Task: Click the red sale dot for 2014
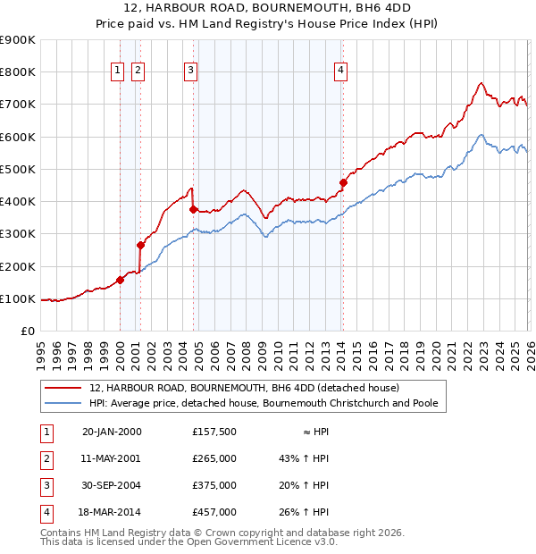(343, 183)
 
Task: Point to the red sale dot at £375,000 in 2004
(194, 209)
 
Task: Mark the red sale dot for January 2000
(120, 280)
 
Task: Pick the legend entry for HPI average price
(264, 403)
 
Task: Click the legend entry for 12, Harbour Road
(244, 388)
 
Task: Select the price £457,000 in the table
(214, 512)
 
